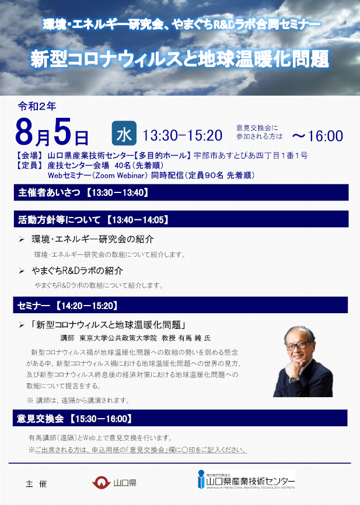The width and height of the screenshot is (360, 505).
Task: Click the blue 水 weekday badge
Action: [x=124, y=134]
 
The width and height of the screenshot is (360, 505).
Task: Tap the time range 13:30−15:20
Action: [x=183, y=135]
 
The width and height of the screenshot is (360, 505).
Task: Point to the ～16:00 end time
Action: [x=317, y=136]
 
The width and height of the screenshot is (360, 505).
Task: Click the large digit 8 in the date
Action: [x=25, y=132]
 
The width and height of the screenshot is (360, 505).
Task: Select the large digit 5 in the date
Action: [x=62, y=131]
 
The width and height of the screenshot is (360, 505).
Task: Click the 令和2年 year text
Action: [x=37, y=106]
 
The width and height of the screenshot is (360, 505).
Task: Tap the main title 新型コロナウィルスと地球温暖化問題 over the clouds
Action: [x=180, y=59]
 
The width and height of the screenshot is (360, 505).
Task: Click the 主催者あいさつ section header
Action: [x=181, y=192]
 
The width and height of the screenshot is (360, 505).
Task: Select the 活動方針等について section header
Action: [x=181, y=219]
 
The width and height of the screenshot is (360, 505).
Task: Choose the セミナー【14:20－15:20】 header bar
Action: [x=180, y=305]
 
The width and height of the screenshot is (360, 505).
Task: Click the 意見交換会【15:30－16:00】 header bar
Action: [x=180, y=418]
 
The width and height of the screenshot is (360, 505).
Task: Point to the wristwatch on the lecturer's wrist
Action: [x=293, y=380]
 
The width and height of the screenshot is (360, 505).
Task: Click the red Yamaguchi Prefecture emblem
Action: [x=101, y=482]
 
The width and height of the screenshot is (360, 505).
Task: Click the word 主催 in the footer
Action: [x=36, y=484]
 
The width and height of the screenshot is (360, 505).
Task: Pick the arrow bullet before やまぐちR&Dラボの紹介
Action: [x=22, y=271]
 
